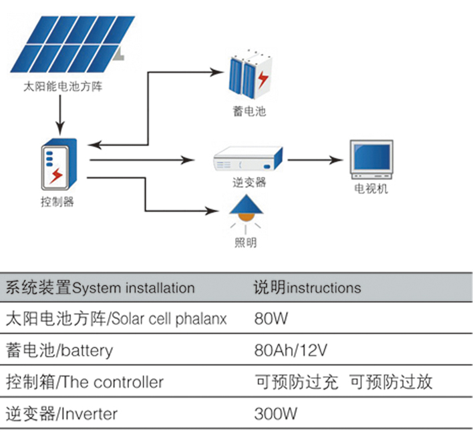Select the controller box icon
(x=58, y=163)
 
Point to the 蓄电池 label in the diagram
(x=250, y=111)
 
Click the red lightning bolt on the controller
(x=57, y=175)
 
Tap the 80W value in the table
(x=271, y=319)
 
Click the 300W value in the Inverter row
(x=275, y=414)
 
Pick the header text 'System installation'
(x=133, y=288)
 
